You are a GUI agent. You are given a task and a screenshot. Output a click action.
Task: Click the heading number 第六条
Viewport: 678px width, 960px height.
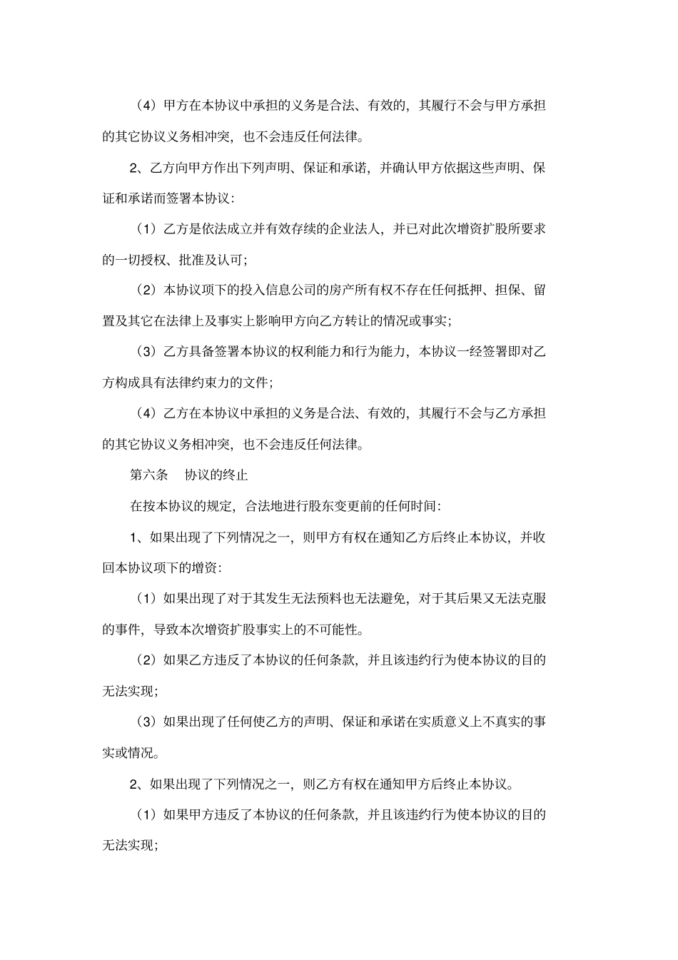[x=148, y=475]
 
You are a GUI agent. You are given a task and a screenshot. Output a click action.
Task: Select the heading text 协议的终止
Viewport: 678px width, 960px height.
[x=216, y=475]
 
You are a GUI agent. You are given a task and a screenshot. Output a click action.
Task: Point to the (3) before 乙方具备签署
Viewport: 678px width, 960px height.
[x=146, y=352]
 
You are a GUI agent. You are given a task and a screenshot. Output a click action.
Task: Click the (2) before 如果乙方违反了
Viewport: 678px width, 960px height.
[x=146, y=660]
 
